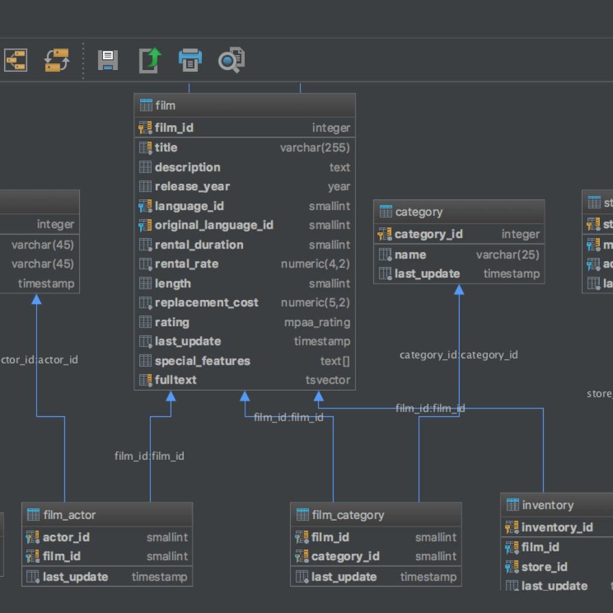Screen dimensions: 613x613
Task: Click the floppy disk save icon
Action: click(108, 60)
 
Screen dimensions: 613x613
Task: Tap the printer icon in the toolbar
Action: click(190, 60)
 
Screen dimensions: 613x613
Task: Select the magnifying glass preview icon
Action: click(231, 60)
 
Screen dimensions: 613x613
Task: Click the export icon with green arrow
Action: click(150, 60)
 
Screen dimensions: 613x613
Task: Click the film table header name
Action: click(165, 105)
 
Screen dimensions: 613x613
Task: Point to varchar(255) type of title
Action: click(315, 148)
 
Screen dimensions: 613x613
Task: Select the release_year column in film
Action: click(192, 187)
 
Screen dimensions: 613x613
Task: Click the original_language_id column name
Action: click(214, 225)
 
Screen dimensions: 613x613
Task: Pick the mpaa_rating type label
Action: click(317, 323)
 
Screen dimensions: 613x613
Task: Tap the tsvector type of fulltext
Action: click(327, 380)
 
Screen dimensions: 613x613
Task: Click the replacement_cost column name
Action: click(207, 303)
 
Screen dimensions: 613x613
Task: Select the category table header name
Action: click(419, 212)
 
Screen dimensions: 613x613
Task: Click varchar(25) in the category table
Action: click(508, 255)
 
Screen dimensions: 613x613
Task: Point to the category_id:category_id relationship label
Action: click(459, 355)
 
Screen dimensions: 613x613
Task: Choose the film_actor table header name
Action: click(69, 515)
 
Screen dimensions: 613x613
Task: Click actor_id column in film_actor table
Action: click(66, 538)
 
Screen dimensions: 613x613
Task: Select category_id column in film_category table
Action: click(345, 557)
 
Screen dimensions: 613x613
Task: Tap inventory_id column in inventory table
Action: click(557, 527)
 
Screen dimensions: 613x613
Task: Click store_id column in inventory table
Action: click(544, 567)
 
